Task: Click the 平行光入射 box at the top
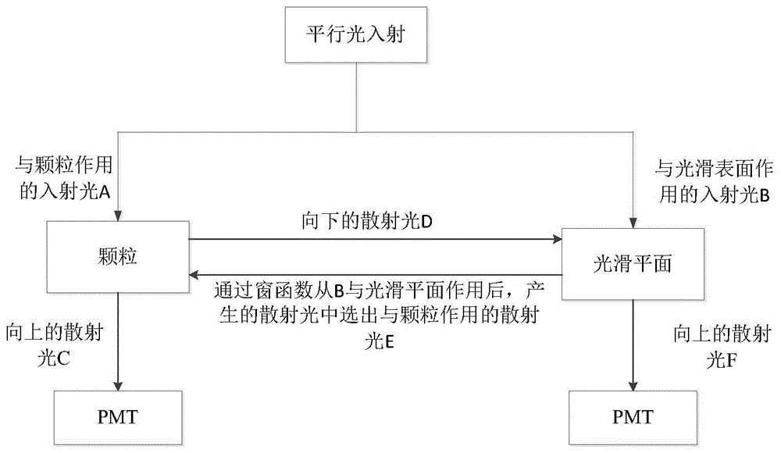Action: [356, 36]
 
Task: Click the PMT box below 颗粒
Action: [117, 415]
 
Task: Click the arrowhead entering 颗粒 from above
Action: [117, 216]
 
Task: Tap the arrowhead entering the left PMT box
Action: [117, 386]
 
